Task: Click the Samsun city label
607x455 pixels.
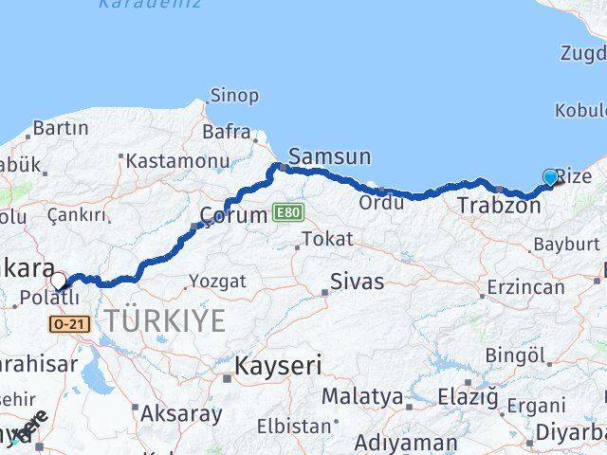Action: pos(329,156)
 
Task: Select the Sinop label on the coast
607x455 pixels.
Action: pos(233,95)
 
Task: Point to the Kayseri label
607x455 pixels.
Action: pos(279,365)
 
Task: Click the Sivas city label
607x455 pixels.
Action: pos(358,282)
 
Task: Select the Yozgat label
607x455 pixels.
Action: pos(217,281)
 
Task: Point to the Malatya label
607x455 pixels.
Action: pos(361,395)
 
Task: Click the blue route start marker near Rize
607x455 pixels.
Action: pos(550,176)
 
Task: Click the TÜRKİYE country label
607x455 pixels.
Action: pos(165,319)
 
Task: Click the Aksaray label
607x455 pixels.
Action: pos(180,413)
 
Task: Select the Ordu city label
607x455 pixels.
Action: pos(381,202)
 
